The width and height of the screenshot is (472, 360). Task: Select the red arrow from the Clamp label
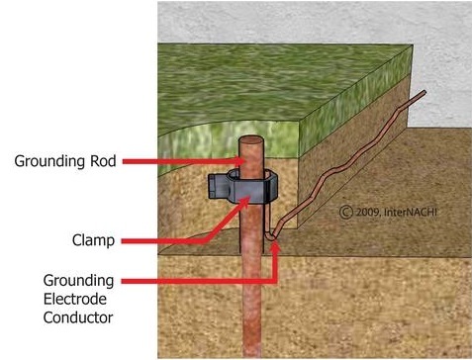pyautogui.click(x=178, y=228)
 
